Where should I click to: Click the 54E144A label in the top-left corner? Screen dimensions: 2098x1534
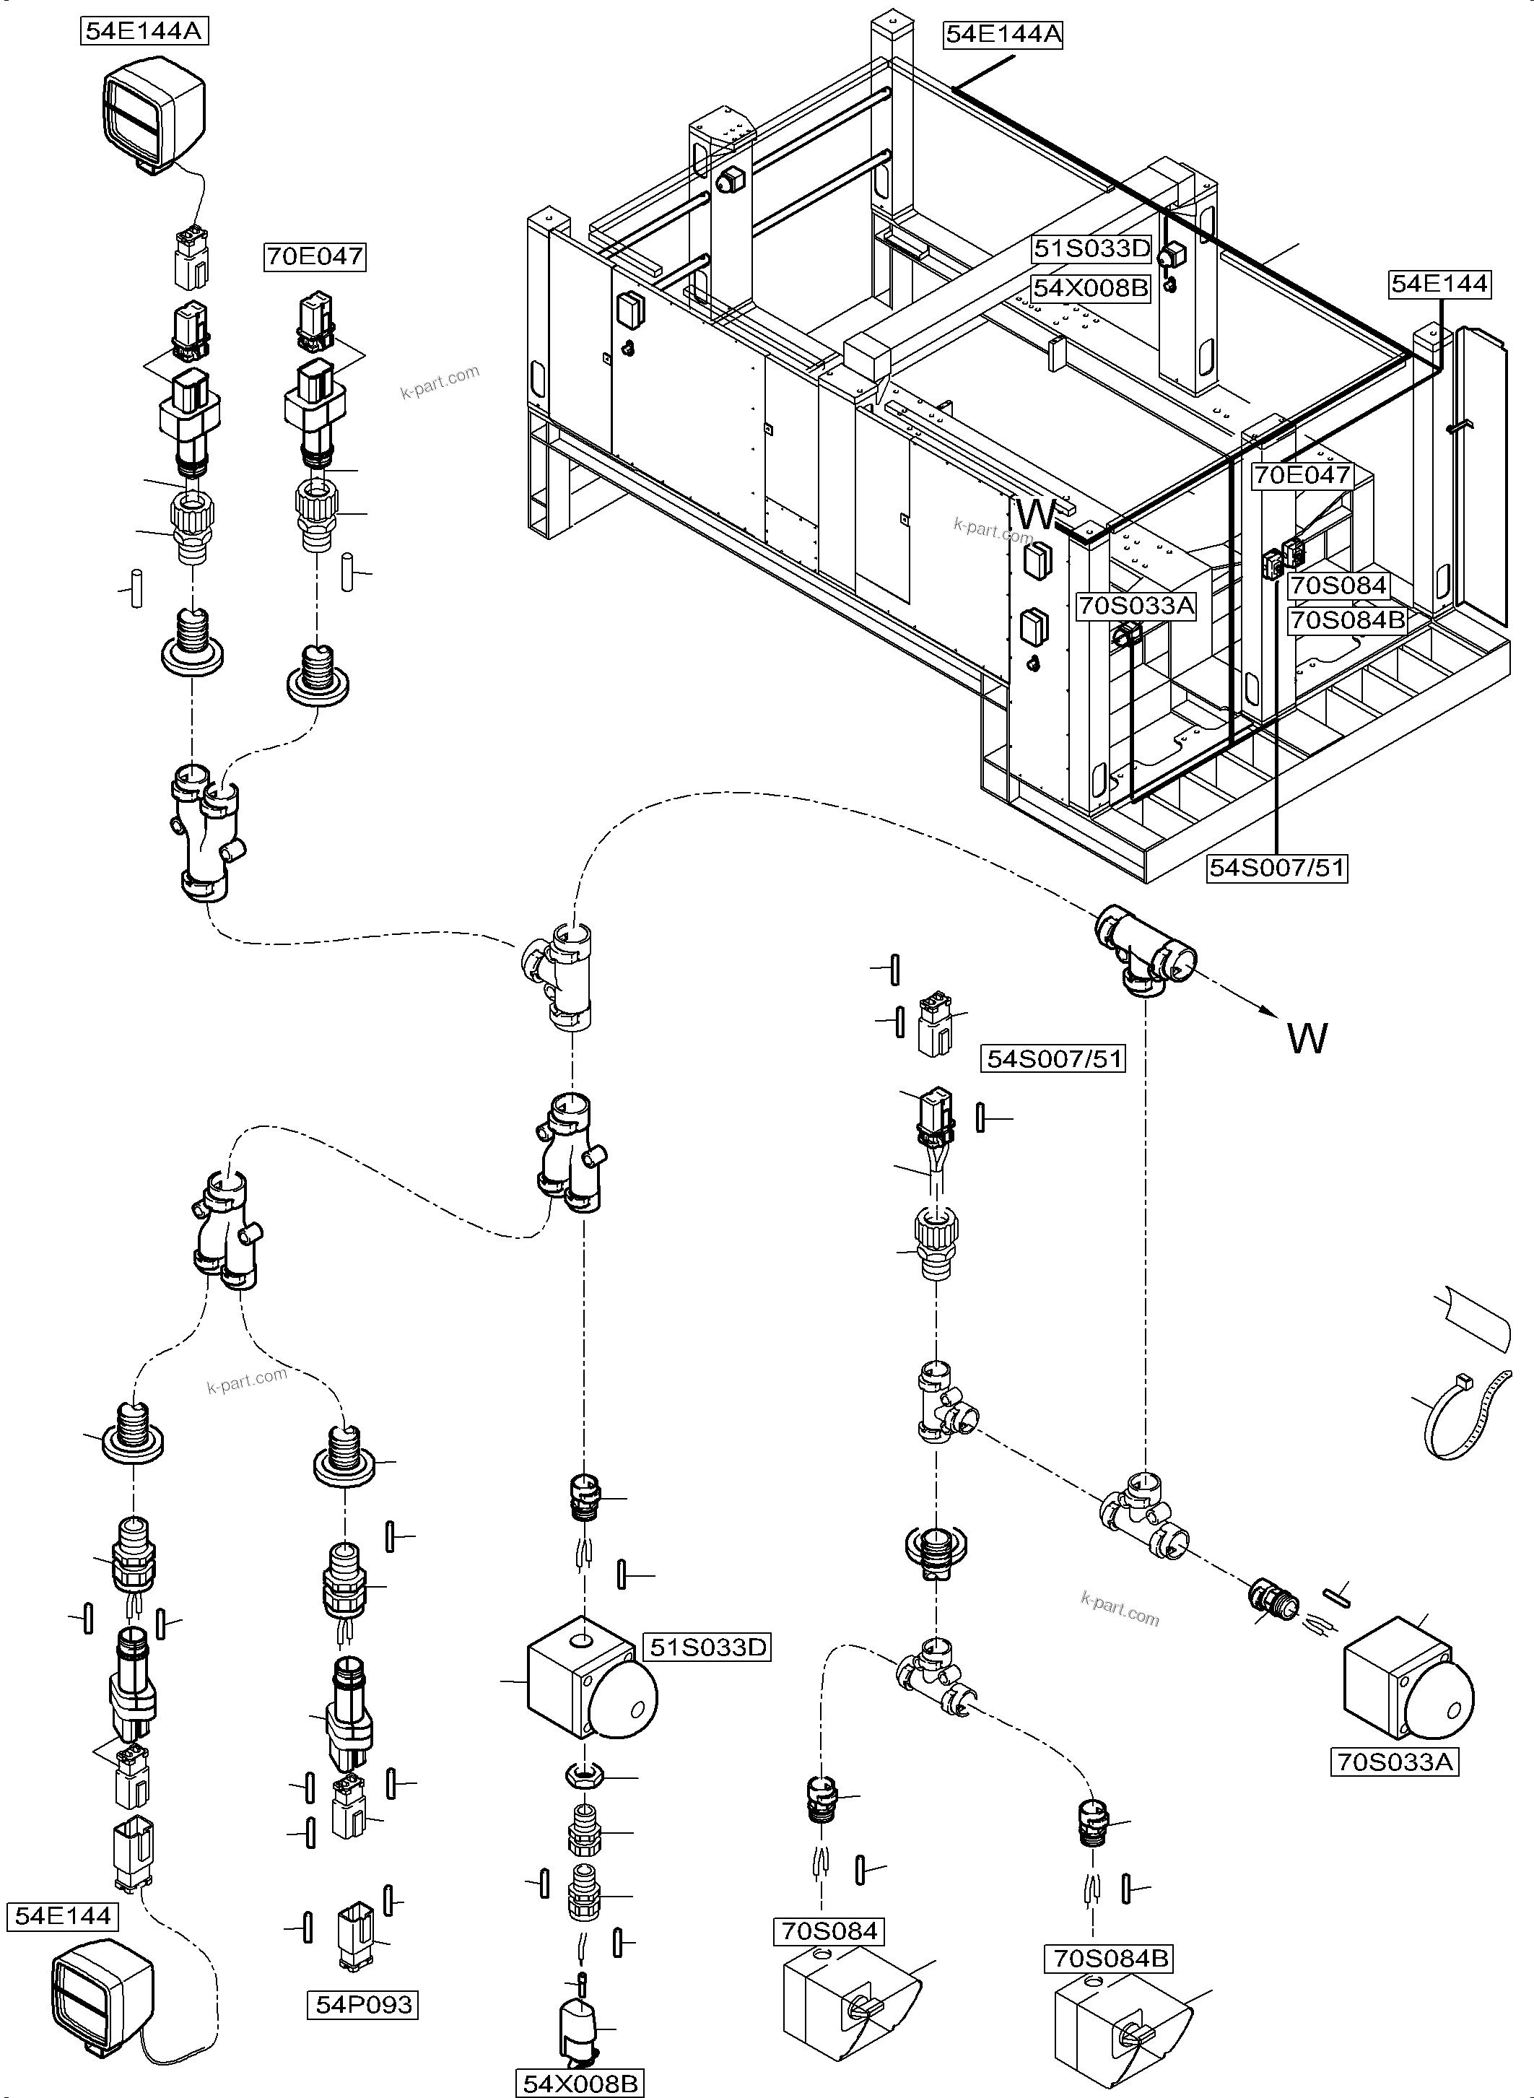point(142,30)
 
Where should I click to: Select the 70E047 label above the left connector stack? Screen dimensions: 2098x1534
point(315,256)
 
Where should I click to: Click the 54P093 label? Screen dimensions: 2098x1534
point(363,2004)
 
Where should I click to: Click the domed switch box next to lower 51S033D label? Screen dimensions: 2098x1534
point(590,1692)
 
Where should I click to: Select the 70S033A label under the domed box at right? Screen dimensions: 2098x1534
point(1394,1761)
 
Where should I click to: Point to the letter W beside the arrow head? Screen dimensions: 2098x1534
point(1307,1038)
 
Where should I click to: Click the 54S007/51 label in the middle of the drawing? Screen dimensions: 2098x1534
point(1053,1058)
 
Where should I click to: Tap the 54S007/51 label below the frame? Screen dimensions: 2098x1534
point(1278,868)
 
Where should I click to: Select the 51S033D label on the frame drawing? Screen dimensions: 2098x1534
point(1092,249)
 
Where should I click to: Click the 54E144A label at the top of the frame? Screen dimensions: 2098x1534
point(1002,35)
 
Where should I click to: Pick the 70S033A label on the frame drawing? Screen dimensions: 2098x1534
point(1136,606)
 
